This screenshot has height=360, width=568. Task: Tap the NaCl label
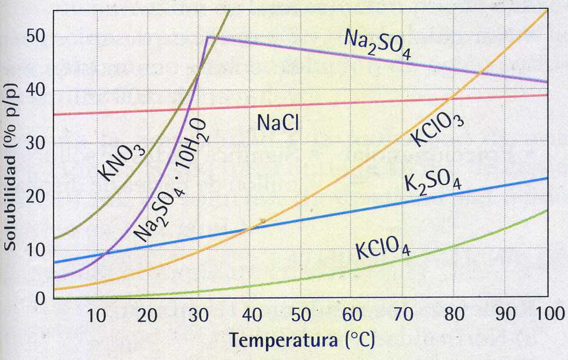click(x=280, y=122)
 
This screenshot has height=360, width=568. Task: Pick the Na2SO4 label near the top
click(x=377, y=44)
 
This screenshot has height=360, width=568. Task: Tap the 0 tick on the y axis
click(x=40, y=298)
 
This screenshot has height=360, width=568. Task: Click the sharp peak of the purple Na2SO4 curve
click(x=207, y=37)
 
